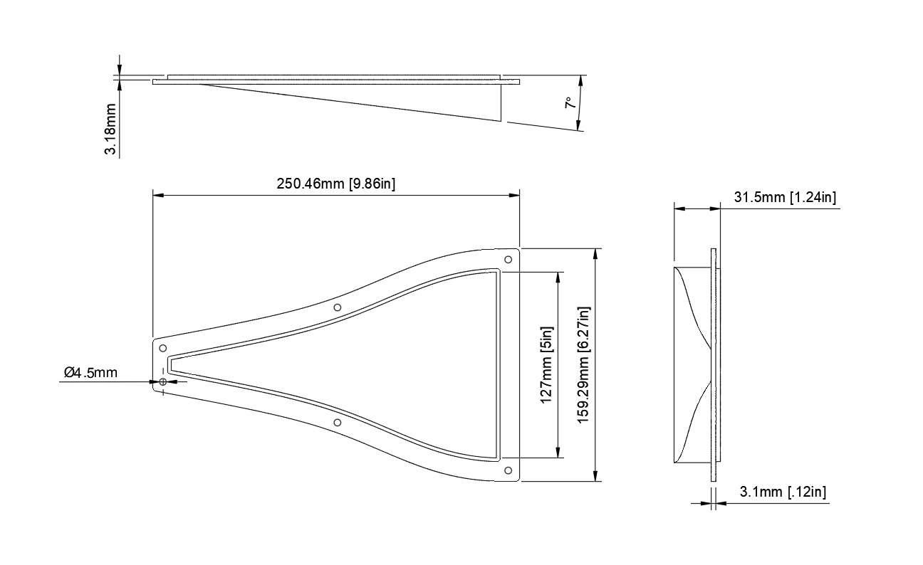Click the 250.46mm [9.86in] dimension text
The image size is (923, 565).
336,184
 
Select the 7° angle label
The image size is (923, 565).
570,103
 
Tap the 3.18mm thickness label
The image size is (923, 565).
111,129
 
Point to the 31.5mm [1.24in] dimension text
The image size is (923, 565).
785,197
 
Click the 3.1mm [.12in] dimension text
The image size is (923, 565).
783,492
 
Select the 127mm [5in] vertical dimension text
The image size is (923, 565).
546,365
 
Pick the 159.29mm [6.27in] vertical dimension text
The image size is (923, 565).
584,365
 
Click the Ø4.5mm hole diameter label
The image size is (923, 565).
90,371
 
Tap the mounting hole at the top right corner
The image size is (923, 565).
508,260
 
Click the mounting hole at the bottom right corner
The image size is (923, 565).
508,470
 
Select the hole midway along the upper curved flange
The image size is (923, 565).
338,307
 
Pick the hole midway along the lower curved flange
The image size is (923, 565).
338,423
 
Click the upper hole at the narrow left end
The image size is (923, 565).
163,348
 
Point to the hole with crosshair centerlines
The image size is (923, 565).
163,382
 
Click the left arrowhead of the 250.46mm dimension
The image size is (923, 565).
158,194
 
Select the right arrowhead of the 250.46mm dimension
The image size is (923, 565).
514,194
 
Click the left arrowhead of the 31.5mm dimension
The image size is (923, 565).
679,208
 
